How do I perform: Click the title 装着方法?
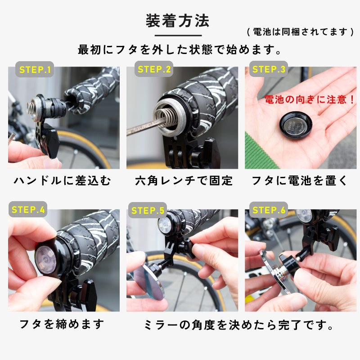pyautogui.click(x=177, y=21)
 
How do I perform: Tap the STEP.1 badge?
pyautogui.click(x=35, y=69)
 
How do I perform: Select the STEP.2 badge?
pyautogui.click(x=154, y=69)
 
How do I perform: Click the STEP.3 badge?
pyautogui.click(x=268, y=69)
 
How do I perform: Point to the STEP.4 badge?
pyautogui.click(x=28, y=209)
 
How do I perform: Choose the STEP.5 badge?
pyautogui.click(x=148, y=210)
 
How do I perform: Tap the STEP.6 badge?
pyautogui.click(x=269, y=210)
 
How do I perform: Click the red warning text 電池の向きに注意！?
pyautogui.click(x=309, y=99)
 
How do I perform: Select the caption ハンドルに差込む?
pyautogui.click(x=63, y=181)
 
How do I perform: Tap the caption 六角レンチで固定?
pyautogui.click(x=184, y=181)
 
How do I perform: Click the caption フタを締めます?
pyautogui.click(x=62, y=324)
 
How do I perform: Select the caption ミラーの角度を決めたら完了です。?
pyautogui.click(x=239, y=325)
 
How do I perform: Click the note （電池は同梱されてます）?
pyautogui.click(x=301, y=31)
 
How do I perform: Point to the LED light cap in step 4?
pyautogui.click(x=45, y=259)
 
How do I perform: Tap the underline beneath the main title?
pyautogui.click(x=178, y=36)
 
